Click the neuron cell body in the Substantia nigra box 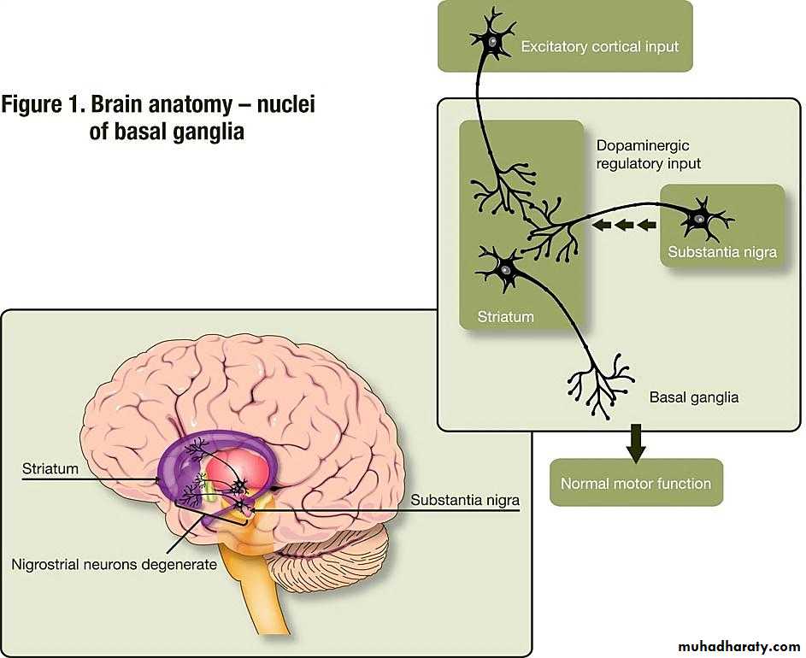tap(699, 219)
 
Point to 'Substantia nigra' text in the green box tap(722, 252)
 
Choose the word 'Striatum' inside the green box tap(504, 317)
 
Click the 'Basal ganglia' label tap(694, 397)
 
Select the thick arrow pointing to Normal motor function tap(636, 440)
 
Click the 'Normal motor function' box tap(636, 484)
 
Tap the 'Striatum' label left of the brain tap(50, 468)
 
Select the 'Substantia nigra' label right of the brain tap(464, 499)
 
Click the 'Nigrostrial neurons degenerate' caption tap(115, 565)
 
